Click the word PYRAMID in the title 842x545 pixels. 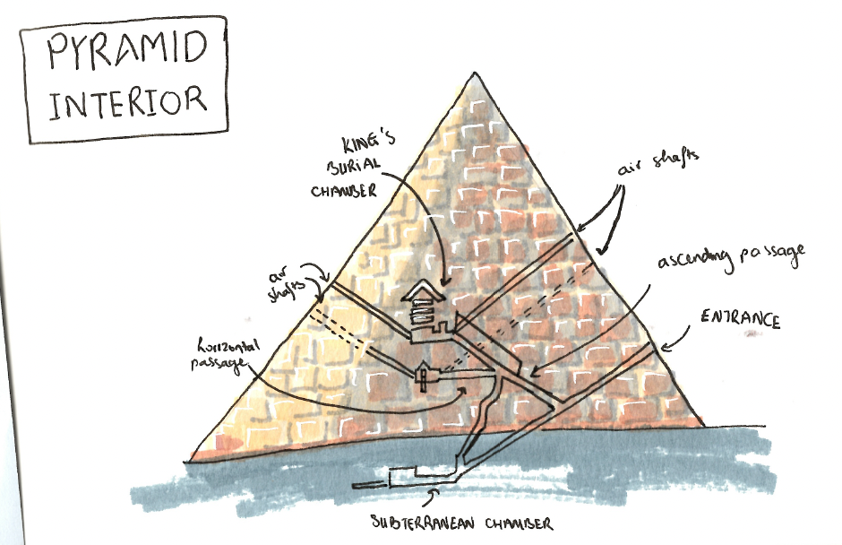[x=127, y=52]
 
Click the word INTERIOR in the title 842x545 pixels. [x=127, y=101]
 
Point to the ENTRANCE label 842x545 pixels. [x=740, y=320]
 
